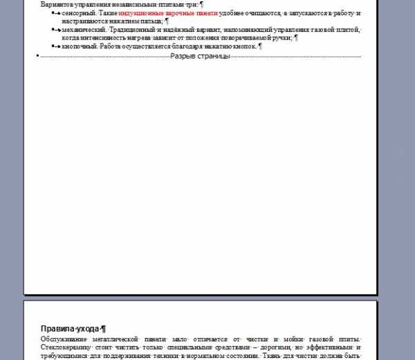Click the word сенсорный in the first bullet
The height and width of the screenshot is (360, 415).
click(x=77, y=13)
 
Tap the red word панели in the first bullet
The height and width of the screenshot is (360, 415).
click(x=204, y=13)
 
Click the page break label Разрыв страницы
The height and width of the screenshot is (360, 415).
click(x=201, y=55)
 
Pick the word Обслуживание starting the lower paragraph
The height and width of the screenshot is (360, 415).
click(x=66, y=339)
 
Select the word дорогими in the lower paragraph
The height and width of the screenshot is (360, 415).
click(x=275, y=347)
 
